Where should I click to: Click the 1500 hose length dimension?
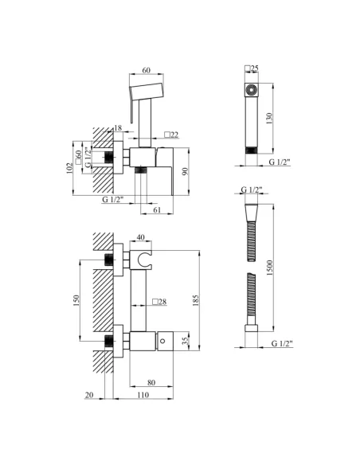269,268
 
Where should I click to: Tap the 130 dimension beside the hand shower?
269,119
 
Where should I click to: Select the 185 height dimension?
196,300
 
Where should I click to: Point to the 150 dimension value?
76,300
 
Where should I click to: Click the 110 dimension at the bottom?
143,395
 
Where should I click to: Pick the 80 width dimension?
151,382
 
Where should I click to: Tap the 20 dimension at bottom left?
89,395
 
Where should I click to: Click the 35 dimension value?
186,341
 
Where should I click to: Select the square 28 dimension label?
159,302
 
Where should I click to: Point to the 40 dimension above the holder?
141,237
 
